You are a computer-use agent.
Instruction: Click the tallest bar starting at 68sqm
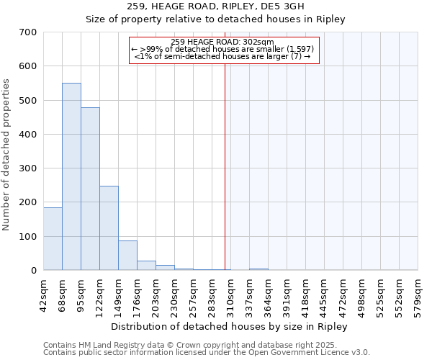click(71, 176)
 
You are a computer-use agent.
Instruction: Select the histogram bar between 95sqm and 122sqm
click(90, 189)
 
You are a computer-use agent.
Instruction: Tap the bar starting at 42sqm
click(53, 238)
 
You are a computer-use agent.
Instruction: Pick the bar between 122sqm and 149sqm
click(109, 228)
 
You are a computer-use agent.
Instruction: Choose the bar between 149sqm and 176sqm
click(127, 255)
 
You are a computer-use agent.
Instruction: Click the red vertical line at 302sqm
click(225, 166)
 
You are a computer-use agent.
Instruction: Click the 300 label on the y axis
click(27, 168)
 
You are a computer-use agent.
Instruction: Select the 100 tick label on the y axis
click(27, 237)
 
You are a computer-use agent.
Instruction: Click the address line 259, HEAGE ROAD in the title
click(216, 6)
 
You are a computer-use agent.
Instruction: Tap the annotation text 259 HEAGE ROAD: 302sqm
click(223, 42)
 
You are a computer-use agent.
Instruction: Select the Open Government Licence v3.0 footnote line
click(207, 353)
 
